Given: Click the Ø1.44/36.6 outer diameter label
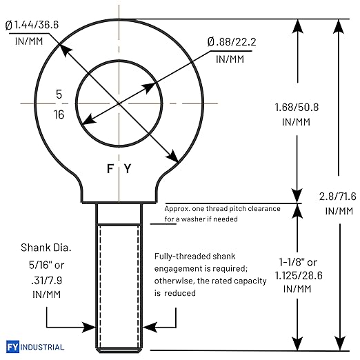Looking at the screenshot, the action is coord(32,25).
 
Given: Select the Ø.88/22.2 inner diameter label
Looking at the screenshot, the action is coord(232,42).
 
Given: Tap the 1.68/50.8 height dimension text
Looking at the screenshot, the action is coord(297,108).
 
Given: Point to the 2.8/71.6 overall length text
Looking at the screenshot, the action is coord(337,197).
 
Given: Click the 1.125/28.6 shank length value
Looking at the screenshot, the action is coord(299,275).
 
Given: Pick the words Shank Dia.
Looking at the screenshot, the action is coord(46,248).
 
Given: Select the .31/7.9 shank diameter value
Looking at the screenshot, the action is coord(47,281).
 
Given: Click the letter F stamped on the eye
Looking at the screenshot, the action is coord(110,168).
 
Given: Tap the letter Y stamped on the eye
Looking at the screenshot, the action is coord(128,168).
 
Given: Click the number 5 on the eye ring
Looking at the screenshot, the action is coord(59,94).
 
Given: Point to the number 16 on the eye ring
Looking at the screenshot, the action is coord(59,114).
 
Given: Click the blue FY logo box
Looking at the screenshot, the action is coord(12,346).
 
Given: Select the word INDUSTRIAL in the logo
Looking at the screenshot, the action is coord(42,347).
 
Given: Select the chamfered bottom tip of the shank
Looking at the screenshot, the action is coord(119,350).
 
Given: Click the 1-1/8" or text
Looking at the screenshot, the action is coord(298,262).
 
